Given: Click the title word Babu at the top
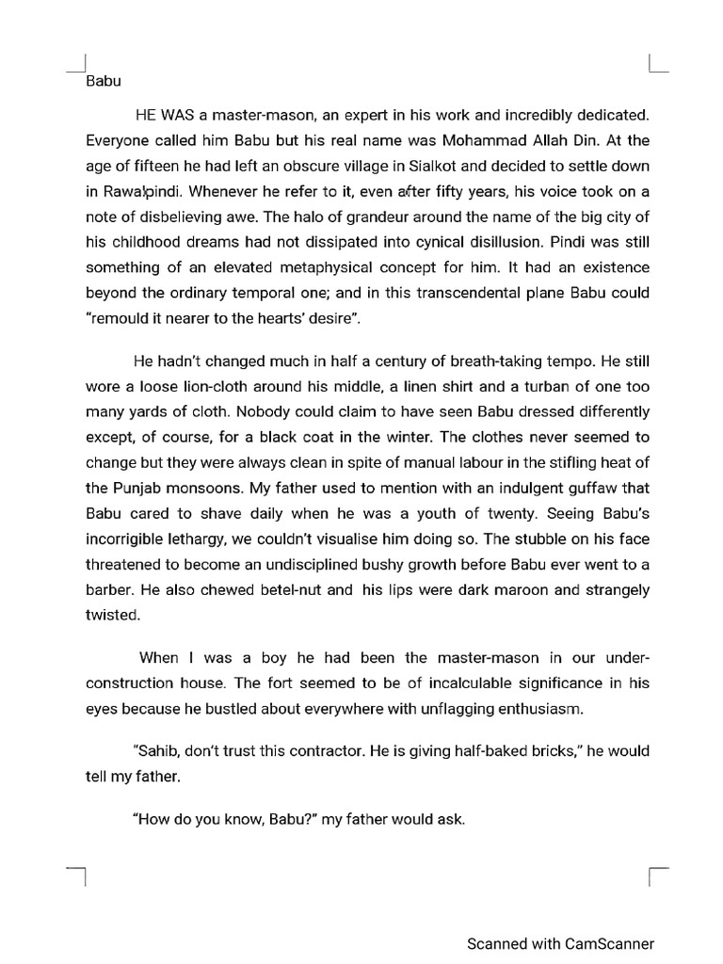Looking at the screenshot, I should [104, 81].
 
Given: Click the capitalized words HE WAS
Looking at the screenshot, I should [165, 116].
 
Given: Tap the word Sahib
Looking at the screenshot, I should [158, 752].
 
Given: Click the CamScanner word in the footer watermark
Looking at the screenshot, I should [609, 943].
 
